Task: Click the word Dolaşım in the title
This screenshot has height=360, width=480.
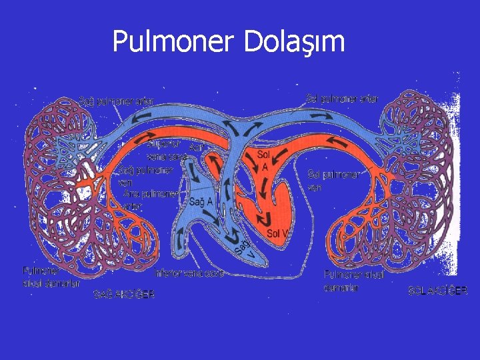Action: tap(295, 41)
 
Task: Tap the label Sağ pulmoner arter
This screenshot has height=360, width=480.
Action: tap(117, 101)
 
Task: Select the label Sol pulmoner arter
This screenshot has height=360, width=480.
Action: tap(343, 99)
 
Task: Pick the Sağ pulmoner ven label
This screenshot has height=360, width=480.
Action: tap(144, 175)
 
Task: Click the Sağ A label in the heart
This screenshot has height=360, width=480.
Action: tap(201, 201)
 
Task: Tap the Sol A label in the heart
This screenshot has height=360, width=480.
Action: tap(264, 159)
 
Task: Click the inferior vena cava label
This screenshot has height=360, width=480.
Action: tap(189, 273)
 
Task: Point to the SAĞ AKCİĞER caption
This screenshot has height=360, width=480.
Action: tap(124, 294)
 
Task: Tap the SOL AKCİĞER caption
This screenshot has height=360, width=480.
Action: tap(438, 291)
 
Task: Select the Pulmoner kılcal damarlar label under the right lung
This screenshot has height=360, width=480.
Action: tap(353, 280)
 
